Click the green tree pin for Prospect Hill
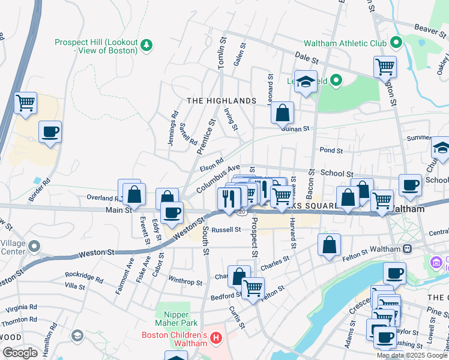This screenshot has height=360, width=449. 146,44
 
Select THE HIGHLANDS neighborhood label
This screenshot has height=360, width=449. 221,101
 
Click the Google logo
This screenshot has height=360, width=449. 20,353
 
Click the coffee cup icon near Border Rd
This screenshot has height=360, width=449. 50,131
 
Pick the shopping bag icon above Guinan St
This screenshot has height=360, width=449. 282,112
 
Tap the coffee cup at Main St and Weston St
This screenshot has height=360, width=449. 172,212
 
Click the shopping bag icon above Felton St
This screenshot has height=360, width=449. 329,244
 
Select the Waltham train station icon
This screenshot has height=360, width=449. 408,248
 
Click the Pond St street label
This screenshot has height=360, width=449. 331,151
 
